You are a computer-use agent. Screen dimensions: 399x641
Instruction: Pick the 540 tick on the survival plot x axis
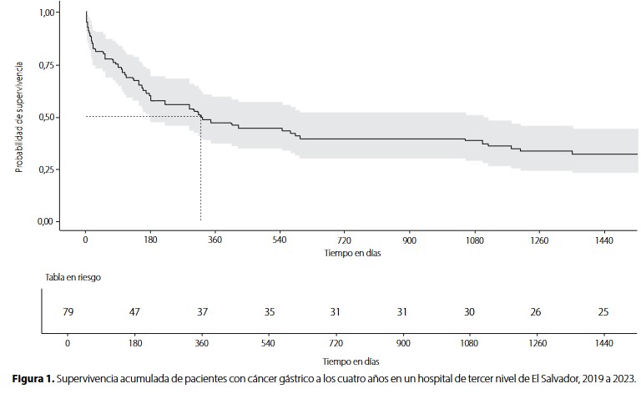[x=279, y=240]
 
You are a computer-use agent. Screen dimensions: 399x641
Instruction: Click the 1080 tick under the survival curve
[x=474, y=240]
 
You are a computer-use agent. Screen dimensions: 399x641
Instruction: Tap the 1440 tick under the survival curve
[x=603, y=240]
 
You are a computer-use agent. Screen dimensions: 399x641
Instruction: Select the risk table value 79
[x=68, y=312]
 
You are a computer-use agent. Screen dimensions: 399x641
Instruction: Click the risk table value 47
[x=134, y=312]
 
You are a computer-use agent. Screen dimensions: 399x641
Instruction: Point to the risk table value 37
[x=201, y=312]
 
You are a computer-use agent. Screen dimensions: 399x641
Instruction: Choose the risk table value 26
[x=535, y=312]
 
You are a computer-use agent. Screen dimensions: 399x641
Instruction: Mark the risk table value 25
[x=603, y=312]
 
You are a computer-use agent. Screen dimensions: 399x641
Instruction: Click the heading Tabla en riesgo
[x=73, y=276]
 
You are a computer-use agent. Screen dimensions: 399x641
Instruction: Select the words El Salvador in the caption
[x=553, y=378]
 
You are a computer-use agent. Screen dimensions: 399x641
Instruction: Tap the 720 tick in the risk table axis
[x=335, y=342]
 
